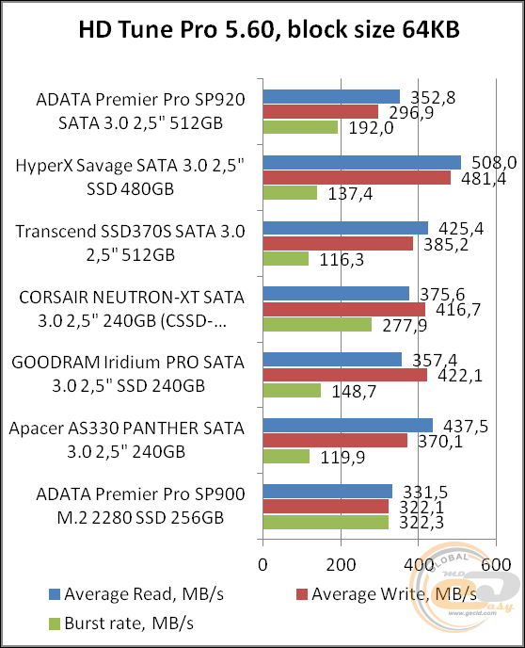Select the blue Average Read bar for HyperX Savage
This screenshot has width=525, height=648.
(361, 162)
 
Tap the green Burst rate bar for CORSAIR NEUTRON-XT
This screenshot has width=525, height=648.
(317, 324)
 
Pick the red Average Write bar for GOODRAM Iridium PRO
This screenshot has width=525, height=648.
(344, 375)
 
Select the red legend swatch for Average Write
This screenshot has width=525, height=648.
(301, 593)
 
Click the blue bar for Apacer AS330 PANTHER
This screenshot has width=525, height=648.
(347, 425)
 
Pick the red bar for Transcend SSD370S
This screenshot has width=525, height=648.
(338, 243)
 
